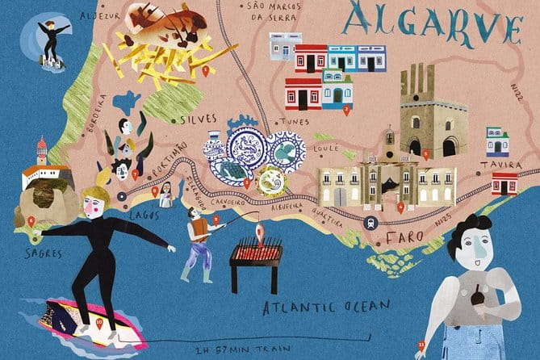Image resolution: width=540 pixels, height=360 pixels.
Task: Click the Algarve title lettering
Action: pyautogui.click(x=433, y=26)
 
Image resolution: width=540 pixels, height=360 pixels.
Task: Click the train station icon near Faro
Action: pyautogui.click(x=370, y=223)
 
